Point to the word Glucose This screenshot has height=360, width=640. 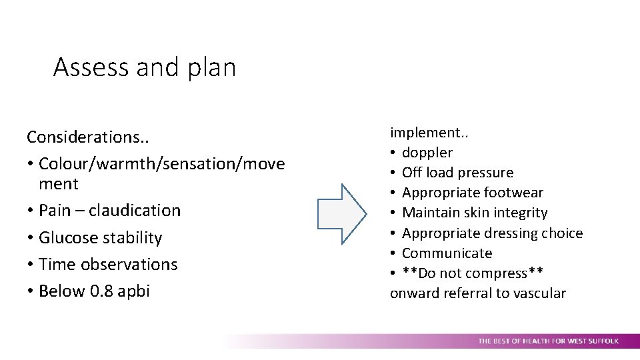(67, 238)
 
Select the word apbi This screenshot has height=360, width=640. (134, 291)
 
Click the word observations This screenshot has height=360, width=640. (129, 265)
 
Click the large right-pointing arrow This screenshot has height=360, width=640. (341, 213)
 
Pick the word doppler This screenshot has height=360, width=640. (427, 153)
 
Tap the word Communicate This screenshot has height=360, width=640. (447, 253)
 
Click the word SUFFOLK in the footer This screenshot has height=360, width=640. (601, 341)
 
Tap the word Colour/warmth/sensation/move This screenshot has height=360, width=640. (162, 164)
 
